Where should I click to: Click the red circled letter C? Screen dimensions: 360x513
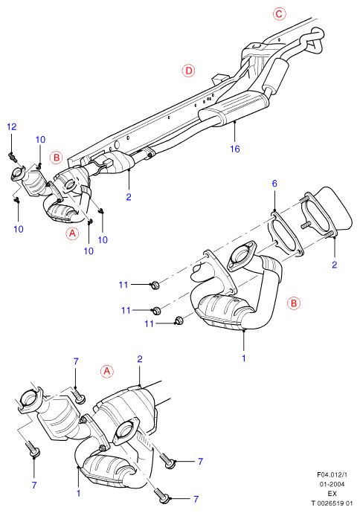pos(279,13)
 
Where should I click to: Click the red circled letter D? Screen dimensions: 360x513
pos(188,71)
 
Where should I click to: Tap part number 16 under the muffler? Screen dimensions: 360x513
pos(235,149)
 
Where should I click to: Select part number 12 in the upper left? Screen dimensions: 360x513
pos(12,126)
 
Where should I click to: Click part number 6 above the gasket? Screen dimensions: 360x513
pos(274,184)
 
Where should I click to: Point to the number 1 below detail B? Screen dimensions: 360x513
pos(244,358)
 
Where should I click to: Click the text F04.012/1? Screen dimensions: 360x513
pos(332,475)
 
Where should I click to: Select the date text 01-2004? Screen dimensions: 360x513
pos(332,484)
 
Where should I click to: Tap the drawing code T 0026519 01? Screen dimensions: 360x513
pos(332,503)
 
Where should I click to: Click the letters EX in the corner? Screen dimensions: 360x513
pos(332,494)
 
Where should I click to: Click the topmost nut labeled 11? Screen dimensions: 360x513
pos(154,285)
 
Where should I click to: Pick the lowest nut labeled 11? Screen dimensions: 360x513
pos(179,320)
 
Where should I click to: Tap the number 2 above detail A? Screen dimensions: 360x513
pos(140,359)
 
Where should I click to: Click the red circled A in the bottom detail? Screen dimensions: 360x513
pos(106,372)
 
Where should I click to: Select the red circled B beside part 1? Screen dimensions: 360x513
pos(293,303)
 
